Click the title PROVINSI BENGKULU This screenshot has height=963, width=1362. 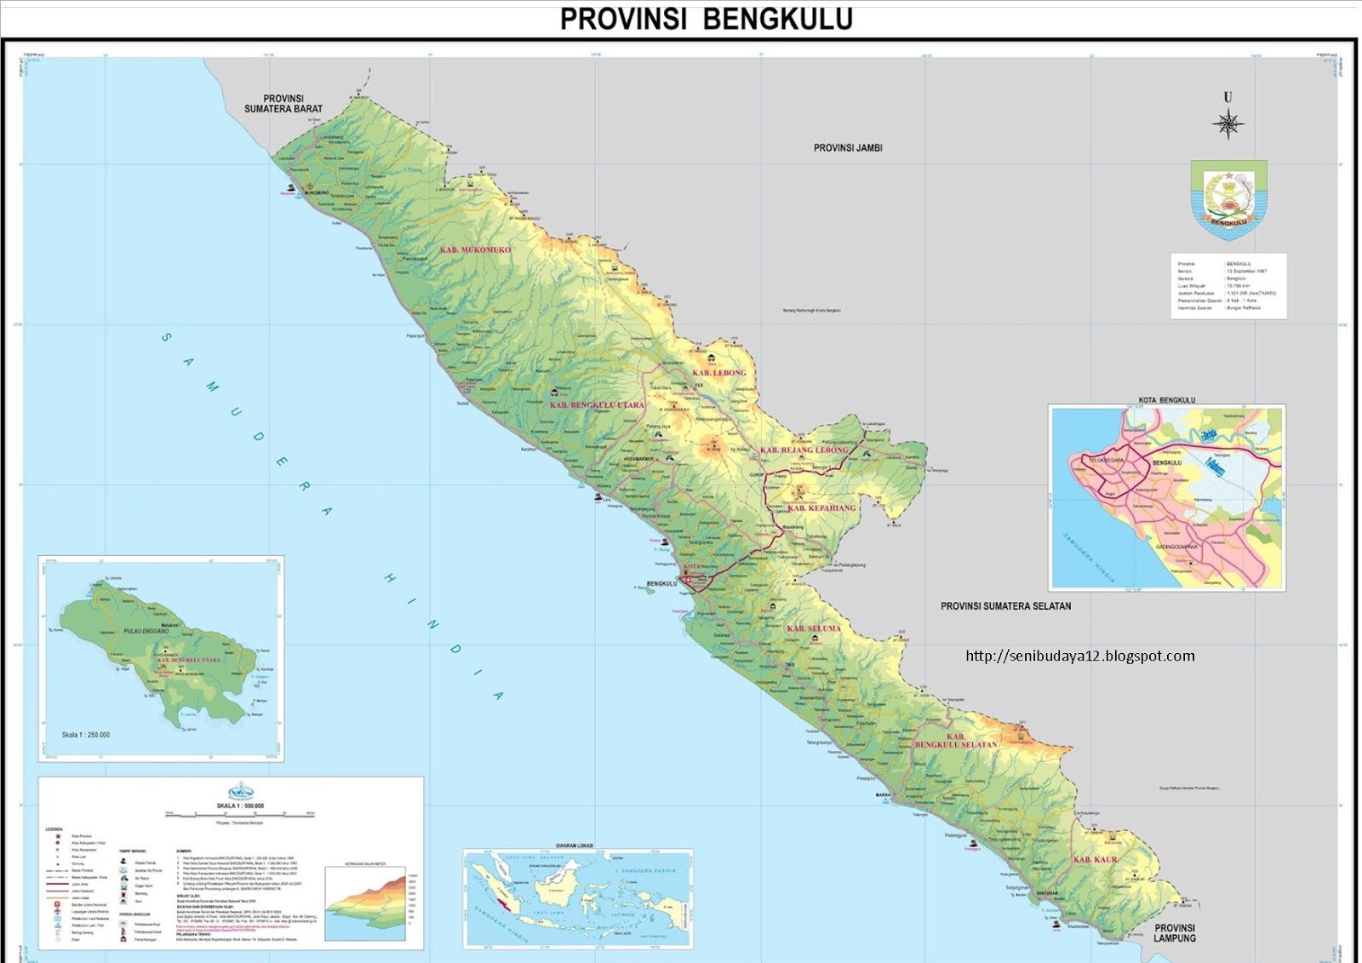[706, 19]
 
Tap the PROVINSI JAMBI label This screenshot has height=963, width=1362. [848, 148]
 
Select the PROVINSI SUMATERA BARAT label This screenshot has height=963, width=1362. [283, 104]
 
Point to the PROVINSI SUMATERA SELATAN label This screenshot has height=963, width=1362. [1005, 606]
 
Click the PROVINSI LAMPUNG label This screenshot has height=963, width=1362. [1175, 933]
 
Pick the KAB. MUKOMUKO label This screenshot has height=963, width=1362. [475, 250]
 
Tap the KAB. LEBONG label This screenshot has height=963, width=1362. [718, 373]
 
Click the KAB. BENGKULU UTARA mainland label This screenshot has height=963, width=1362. [597, 405]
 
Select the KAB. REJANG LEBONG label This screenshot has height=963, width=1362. [804, 450]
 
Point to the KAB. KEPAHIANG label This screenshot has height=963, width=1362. [821, 508]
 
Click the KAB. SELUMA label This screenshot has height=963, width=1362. [813, 628]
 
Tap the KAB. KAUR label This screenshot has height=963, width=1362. [1094, 860]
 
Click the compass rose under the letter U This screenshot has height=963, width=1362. [1228, 124]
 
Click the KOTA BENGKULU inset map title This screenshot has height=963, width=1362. [1166, 399]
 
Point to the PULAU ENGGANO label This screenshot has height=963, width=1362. [146, 631]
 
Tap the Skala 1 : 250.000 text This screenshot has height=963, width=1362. [85, 735]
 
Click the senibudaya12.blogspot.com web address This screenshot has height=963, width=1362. [1080, 656]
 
